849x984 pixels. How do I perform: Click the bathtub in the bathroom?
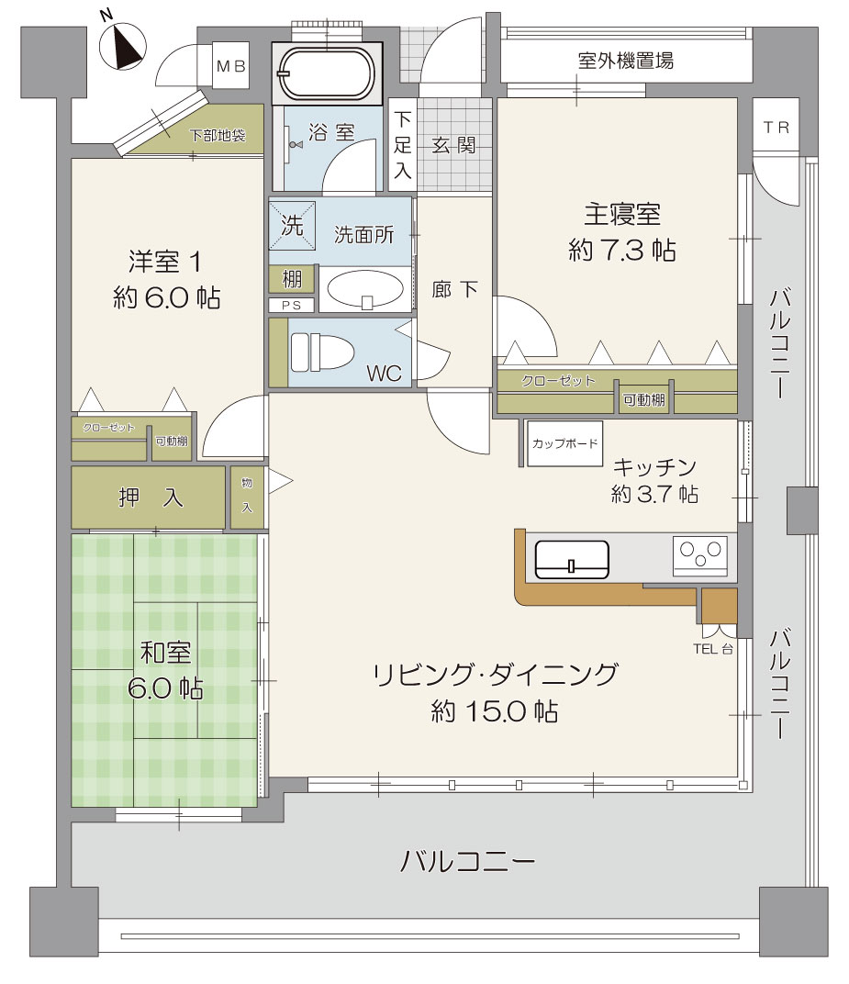(327, 73)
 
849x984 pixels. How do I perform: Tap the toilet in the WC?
(322, 352)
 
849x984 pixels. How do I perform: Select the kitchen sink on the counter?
(572, 560)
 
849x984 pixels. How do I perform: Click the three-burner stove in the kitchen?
(700, 555)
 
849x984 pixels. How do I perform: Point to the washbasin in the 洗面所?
(366, 290)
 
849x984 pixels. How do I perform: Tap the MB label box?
(231, 65)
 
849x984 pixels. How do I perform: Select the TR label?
(776, 128)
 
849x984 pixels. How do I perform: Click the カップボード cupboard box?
(564, 443)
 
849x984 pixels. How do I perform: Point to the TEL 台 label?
(713, 650)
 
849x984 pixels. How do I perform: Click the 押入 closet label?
(151, 498)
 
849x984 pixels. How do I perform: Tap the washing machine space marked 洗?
(292, 225)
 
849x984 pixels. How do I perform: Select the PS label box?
(292, 305)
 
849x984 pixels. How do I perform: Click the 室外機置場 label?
(626, 61)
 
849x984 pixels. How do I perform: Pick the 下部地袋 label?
(218, 135)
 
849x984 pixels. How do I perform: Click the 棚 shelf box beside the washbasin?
(292, 279)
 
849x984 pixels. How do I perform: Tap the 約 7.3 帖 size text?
(622, 251)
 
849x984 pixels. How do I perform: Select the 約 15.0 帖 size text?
(495, 711)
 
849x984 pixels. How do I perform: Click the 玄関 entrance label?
(453, 146)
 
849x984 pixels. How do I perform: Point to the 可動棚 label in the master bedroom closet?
(643, 400)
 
